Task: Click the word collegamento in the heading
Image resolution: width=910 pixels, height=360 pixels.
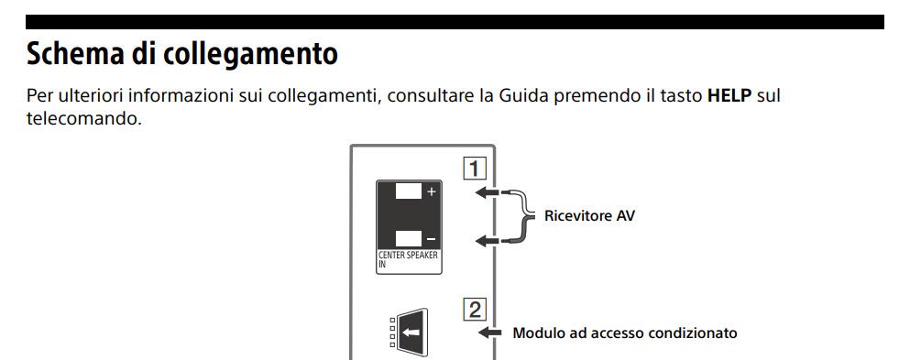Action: coord(250,54)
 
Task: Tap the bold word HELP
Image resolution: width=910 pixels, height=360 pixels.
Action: coord(729,95)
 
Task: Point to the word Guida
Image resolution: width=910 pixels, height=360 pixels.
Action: coord(523,95)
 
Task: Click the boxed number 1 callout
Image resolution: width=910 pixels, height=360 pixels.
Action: coord(474,169)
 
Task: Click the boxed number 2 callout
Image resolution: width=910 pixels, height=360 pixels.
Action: coord(474,311)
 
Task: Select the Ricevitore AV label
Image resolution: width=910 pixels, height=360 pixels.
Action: coord(589,216)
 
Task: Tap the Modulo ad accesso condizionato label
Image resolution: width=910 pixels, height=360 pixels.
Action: coord(625,333)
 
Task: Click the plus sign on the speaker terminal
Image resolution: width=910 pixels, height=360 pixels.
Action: coord(431,191)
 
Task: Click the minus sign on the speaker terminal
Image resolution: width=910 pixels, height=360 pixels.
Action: coord(431,239)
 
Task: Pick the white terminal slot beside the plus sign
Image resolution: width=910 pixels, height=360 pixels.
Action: coord(409,191)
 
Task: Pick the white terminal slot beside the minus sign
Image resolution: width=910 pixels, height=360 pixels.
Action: coord(409,238)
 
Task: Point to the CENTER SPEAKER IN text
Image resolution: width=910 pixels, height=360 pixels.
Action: coord(408,258)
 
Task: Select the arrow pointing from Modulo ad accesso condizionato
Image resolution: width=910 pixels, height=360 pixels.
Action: coord(488,333)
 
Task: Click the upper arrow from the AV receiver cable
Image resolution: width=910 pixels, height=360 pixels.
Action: coord(487,192)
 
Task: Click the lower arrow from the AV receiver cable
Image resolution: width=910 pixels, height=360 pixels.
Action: coord(487,240)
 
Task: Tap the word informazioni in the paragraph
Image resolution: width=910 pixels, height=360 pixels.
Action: coord(181,95)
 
